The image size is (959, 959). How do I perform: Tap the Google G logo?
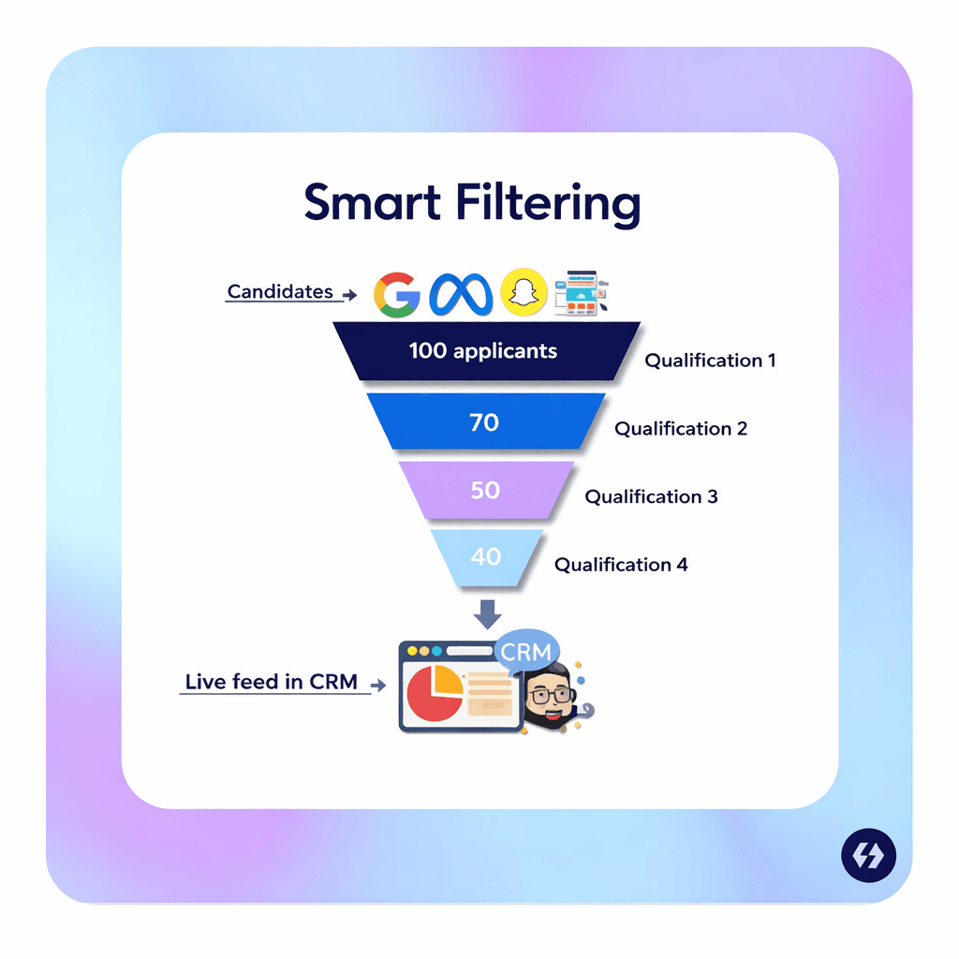coord(397,293)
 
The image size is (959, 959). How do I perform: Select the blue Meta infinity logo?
coord(461,293)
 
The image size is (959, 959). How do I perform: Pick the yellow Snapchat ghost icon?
coord(524,293)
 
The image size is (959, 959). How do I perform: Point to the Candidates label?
coord(280,291)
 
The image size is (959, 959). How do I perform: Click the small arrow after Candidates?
coord(349,295)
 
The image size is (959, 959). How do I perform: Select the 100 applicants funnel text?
coord(483,351)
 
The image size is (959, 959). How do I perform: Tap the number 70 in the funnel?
coord(484,421)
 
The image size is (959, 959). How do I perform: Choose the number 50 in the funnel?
coord(485,490)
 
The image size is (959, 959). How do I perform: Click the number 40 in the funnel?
coord(486,556)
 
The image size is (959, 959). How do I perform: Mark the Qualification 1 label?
coord(710,361)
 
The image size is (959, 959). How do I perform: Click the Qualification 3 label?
coord(651,496)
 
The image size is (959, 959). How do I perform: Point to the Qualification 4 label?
coord(621,565)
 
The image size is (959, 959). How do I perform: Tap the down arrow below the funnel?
coord(488,614)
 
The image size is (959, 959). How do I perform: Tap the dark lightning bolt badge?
coord(868,856)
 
